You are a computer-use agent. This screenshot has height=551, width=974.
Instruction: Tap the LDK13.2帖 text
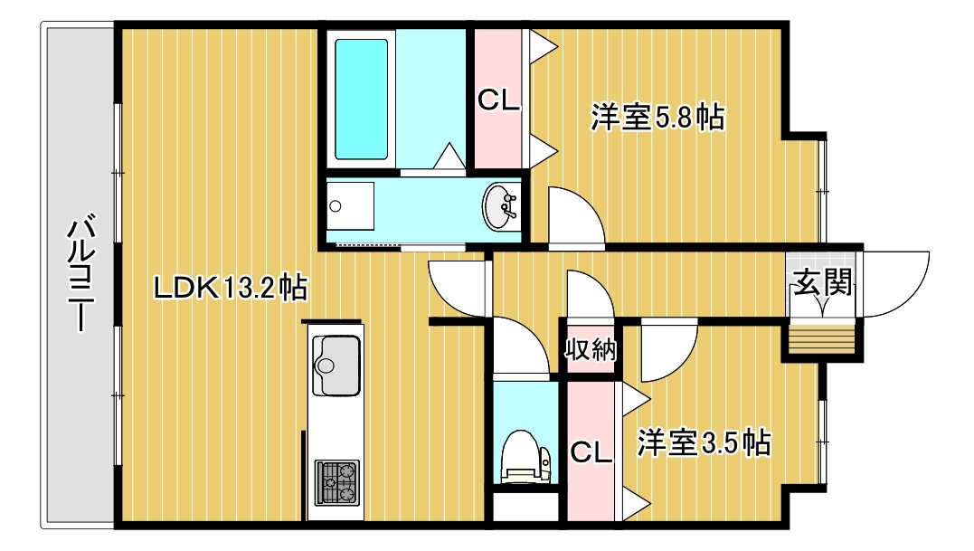pos(231,288)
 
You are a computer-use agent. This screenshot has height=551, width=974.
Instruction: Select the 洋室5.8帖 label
pos(657,118)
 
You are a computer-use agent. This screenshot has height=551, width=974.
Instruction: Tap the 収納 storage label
pos(591,348)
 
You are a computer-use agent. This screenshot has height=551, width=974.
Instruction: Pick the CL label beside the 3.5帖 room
pos(591,451)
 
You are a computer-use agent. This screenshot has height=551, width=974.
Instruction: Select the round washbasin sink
pos(498,207)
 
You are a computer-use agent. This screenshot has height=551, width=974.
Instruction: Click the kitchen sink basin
pos(336,364)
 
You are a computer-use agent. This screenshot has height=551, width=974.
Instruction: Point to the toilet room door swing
pos(521,349)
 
